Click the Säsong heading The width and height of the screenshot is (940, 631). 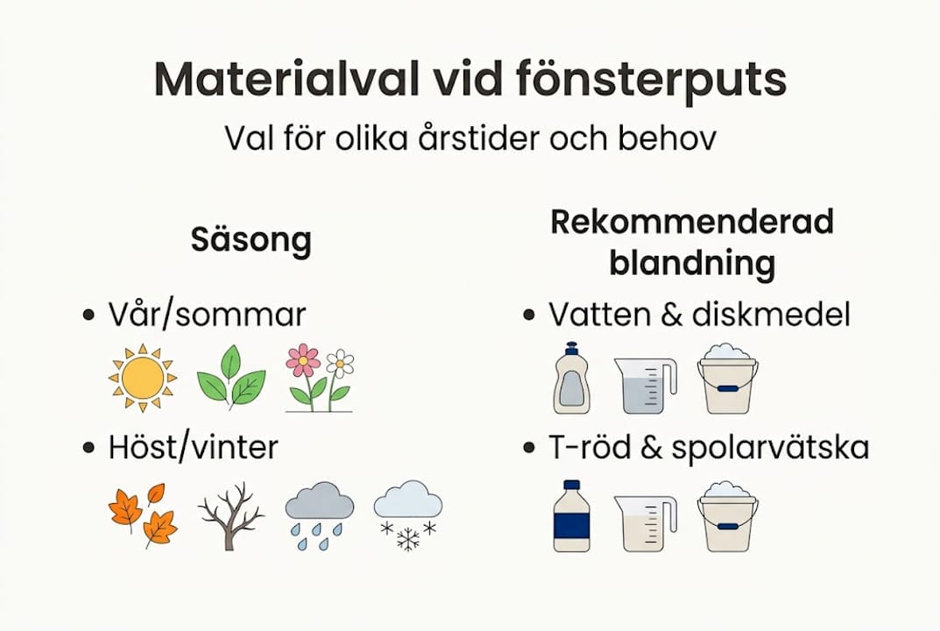(251, 240)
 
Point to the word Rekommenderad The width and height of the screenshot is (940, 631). (691, 223)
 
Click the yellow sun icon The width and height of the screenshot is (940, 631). (143, 378)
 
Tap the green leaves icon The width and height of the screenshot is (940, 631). (230, 378)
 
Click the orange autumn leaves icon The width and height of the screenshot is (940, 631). (143, 514)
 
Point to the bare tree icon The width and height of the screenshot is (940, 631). (230, 517)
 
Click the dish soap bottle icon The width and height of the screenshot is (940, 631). (571, 378)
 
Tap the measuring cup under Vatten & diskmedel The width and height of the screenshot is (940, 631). (645, 386)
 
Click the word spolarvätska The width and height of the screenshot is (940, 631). (770, 448)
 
